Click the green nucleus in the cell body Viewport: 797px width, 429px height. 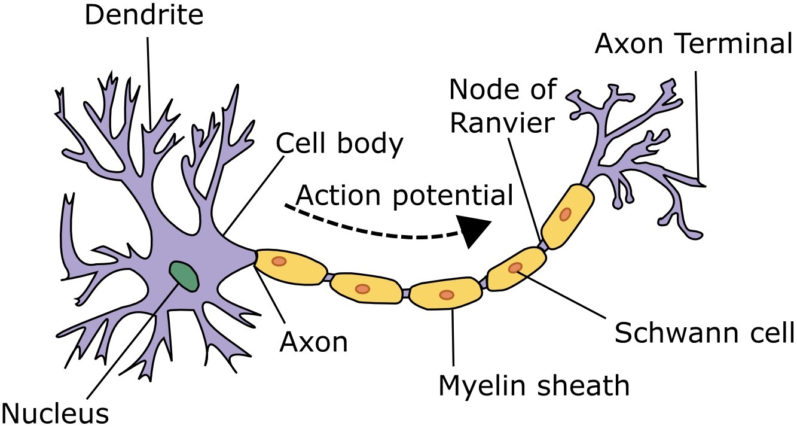tap(184, 276)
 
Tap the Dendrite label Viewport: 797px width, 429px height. tap(144, 16)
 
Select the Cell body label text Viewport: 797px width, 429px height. tap(340, 144)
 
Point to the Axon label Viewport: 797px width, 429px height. tap(314, 342)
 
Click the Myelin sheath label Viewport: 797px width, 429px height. tap(534, 385)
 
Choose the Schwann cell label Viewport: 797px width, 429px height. tap(704, 333)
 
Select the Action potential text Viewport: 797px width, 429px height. tap(405, 195)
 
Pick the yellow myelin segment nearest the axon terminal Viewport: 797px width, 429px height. tap(567, 215)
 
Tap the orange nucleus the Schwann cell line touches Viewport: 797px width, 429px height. tap(515, 268)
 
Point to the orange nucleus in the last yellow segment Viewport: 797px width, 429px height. tap(565, 214)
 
